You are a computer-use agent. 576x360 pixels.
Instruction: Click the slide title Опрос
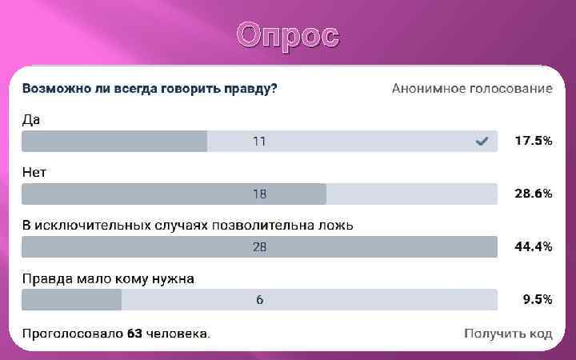[288, 36]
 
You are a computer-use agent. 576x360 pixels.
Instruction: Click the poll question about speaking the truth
[150, 88]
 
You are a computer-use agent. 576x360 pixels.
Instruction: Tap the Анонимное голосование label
[471, 88]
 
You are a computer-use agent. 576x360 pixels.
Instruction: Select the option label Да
[31, 119]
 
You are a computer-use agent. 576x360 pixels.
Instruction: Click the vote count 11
[259, 142]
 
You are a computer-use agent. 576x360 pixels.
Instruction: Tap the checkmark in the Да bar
[482, 142]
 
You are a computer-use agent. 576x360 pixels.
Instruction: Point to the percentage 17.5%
[533, 141]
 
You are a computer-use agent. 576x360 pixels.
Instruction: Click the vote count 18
[259, 194]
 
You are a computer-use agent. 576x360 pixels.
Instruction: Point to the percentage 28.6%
[533, 194]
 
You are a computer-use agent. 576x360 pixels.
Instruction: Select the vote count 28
[259, 247]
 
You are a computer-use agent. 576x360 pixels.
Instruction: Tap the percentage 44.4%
[533, 246]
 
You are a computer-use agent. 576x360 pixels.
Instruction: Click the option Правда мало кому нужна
[108, 278]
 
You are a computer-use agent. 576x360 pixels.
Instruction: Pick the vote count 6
[259, 300]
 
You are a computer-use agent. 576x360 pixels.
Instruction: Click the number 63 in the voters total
[134, 333]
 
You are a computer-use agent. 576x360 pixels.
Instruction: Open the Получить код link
[508, 333]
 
